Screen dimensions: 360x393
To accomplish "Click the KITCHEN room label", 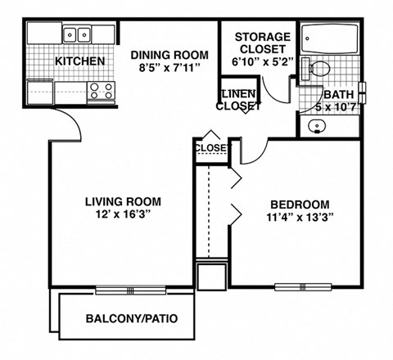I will pyautogui.click(x=79, y=61).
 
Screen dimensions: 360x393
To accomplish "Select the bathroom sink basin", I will pyautogui.click(x=317, y=126).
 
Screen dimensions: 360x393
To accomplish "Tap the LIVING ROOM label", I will pyautogui.click(x=123, y=201).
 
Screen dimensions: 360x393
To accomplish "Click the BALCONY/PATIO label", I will pyautogui.click(x=132, y=317).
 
